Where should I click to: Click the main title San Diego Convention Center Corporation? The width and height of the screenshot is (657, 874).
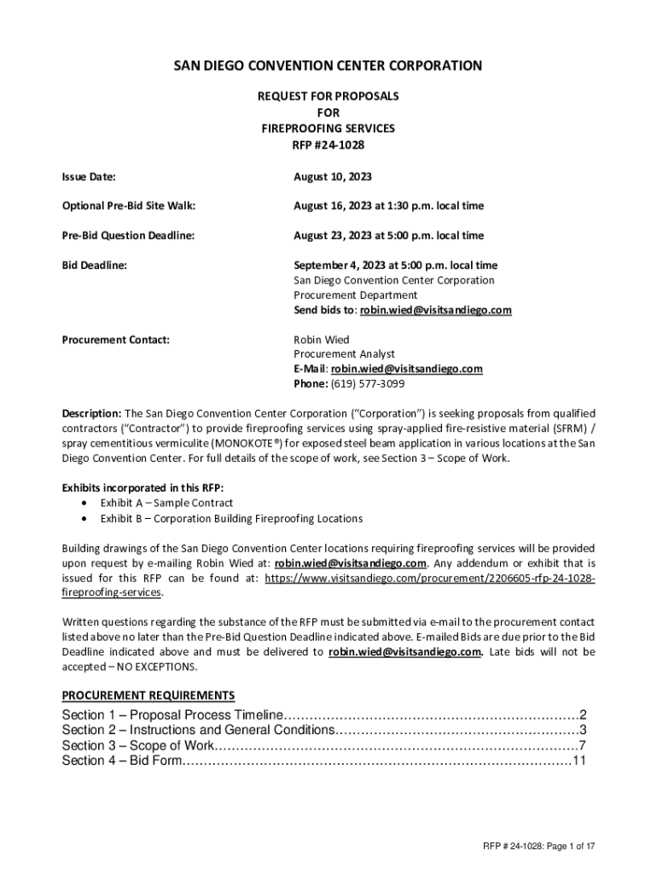pos(328,66)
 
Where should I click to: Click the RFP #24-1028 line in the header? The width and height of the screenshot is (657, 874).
pos(328,144)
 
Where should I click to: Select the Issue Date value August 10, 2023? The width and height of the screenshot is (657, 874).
pos(333,177)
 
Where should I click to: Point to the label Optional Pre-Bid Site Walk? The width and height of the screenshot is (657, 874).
pos(129,206)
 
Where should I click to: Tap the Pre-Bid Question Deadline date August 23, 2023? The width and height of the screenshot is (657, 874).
pos(388,235)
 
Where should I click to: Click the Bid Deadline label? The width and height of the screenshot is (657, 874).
pos(94,265)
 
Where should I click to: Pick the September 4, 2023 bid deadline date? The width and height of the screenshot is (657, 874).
pos(396,265)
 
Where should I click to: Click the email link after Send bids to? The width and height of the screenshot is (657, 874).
pos(435,310)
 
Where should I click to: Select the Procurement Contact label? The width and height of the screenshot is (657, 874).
pos(116,340)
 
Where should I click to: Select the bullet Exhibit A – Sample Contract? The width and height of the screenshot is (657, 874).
pos(166,503)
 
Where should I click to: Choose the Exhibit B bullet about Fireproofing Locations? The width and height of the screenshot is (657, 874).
pos(231,518)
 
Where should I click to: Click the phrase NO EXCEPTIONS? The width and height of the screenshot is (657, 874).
pos(149,667)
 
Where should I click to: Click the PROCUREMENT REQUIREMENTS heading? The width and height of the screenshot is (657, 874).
pos(148,695)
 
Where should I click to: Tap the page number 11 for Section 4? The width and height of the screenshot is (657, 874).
pos(579,760)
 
